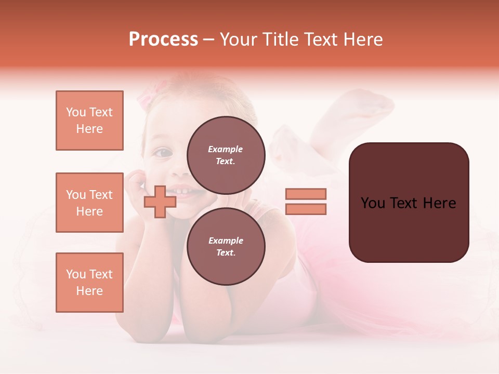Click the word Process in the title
163,39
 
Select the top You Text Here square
89,121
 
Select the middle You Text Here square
89,203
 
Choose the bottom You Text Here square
89,283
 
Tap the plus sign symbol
159,202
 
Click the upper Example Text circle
226,155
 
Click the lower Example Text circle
226,246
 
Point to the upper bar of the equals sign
306,194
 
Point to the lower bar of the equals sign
306,209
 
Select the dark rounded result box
409,203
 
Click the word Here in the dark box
440,203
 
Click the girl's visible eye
163,152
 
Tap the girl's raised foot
374,101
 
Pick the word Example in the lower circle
226,241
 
